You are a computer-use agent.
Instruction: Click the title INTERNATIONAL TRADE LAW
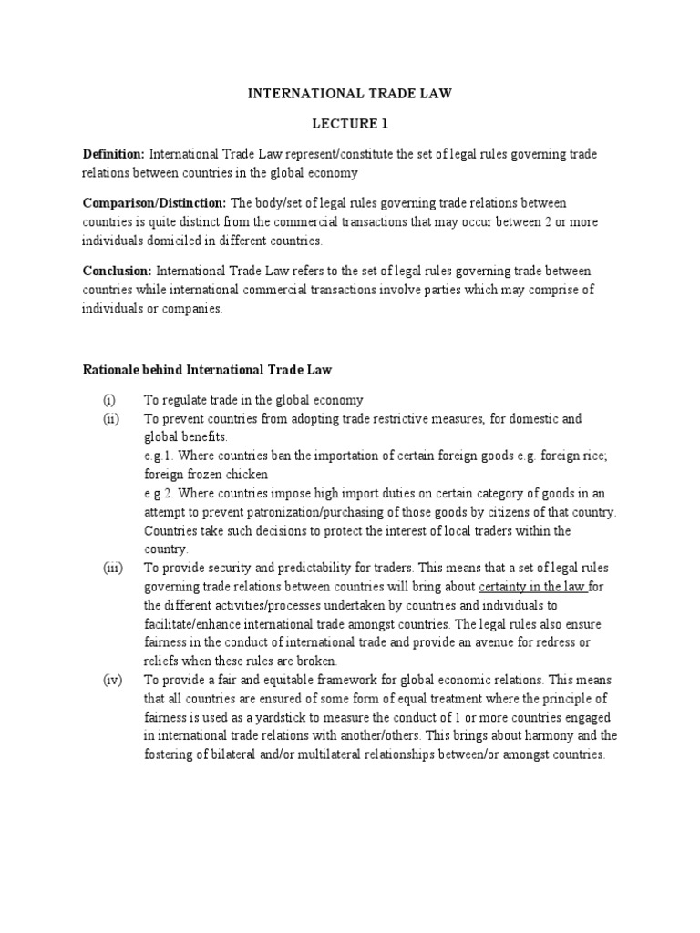coord(351,92)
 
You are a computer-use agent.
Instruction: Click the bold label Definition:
coord(114,154)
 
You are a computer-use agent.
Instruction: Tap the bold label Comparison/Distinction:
coord(155,202)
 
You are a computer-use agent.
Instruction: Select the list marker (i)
coord(109,400)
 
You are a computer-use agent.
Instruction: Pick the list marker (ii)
coord(111,418)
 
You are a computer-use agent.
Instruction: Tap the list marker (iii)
coord(112,568)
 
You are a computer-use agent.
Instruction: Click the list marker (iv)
coord(112,681)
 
